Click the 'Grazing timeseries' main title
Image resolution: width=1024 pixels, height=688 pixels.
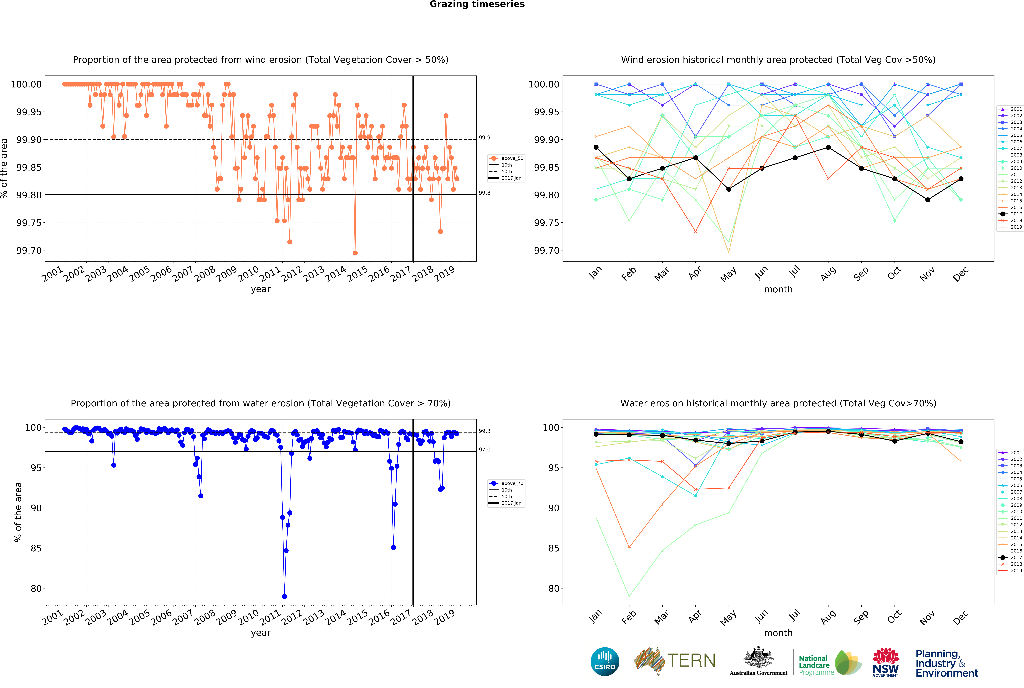477,4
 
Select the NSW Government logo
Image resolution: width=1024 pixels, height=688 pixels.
885,662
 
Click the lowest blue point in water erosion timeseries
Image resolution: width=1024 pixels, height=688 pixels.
284,596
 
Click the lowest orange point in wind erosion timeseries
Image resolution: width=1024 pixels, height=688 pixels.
355,253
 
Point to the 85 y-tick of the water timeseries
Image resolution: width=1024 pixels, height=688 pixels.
36,548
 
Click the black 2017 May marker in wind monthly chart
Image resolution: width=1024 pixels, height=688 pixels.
729,189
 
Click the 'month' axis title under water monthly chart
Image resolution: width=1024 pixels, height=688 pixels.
778,633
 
